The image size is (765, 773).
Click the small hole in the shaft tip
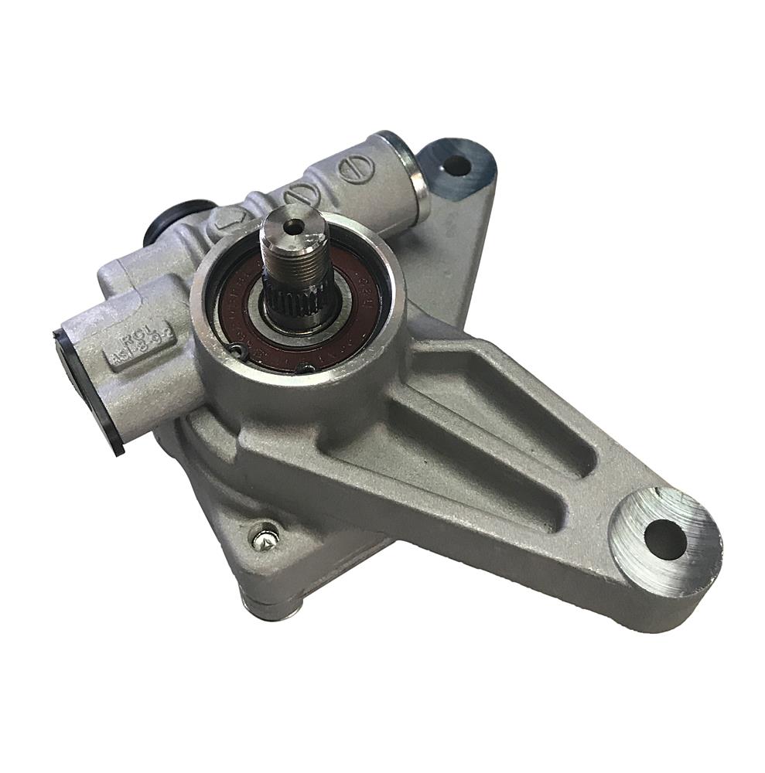click(x=291, y=226)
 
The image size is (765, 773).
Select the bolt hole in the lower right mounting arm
click(x=664, y=539)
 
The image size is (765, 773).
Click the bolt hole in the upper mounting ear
click(x=456, y=164)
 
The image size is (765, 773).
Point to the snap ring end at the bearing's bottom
click(x=307, y=368)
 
